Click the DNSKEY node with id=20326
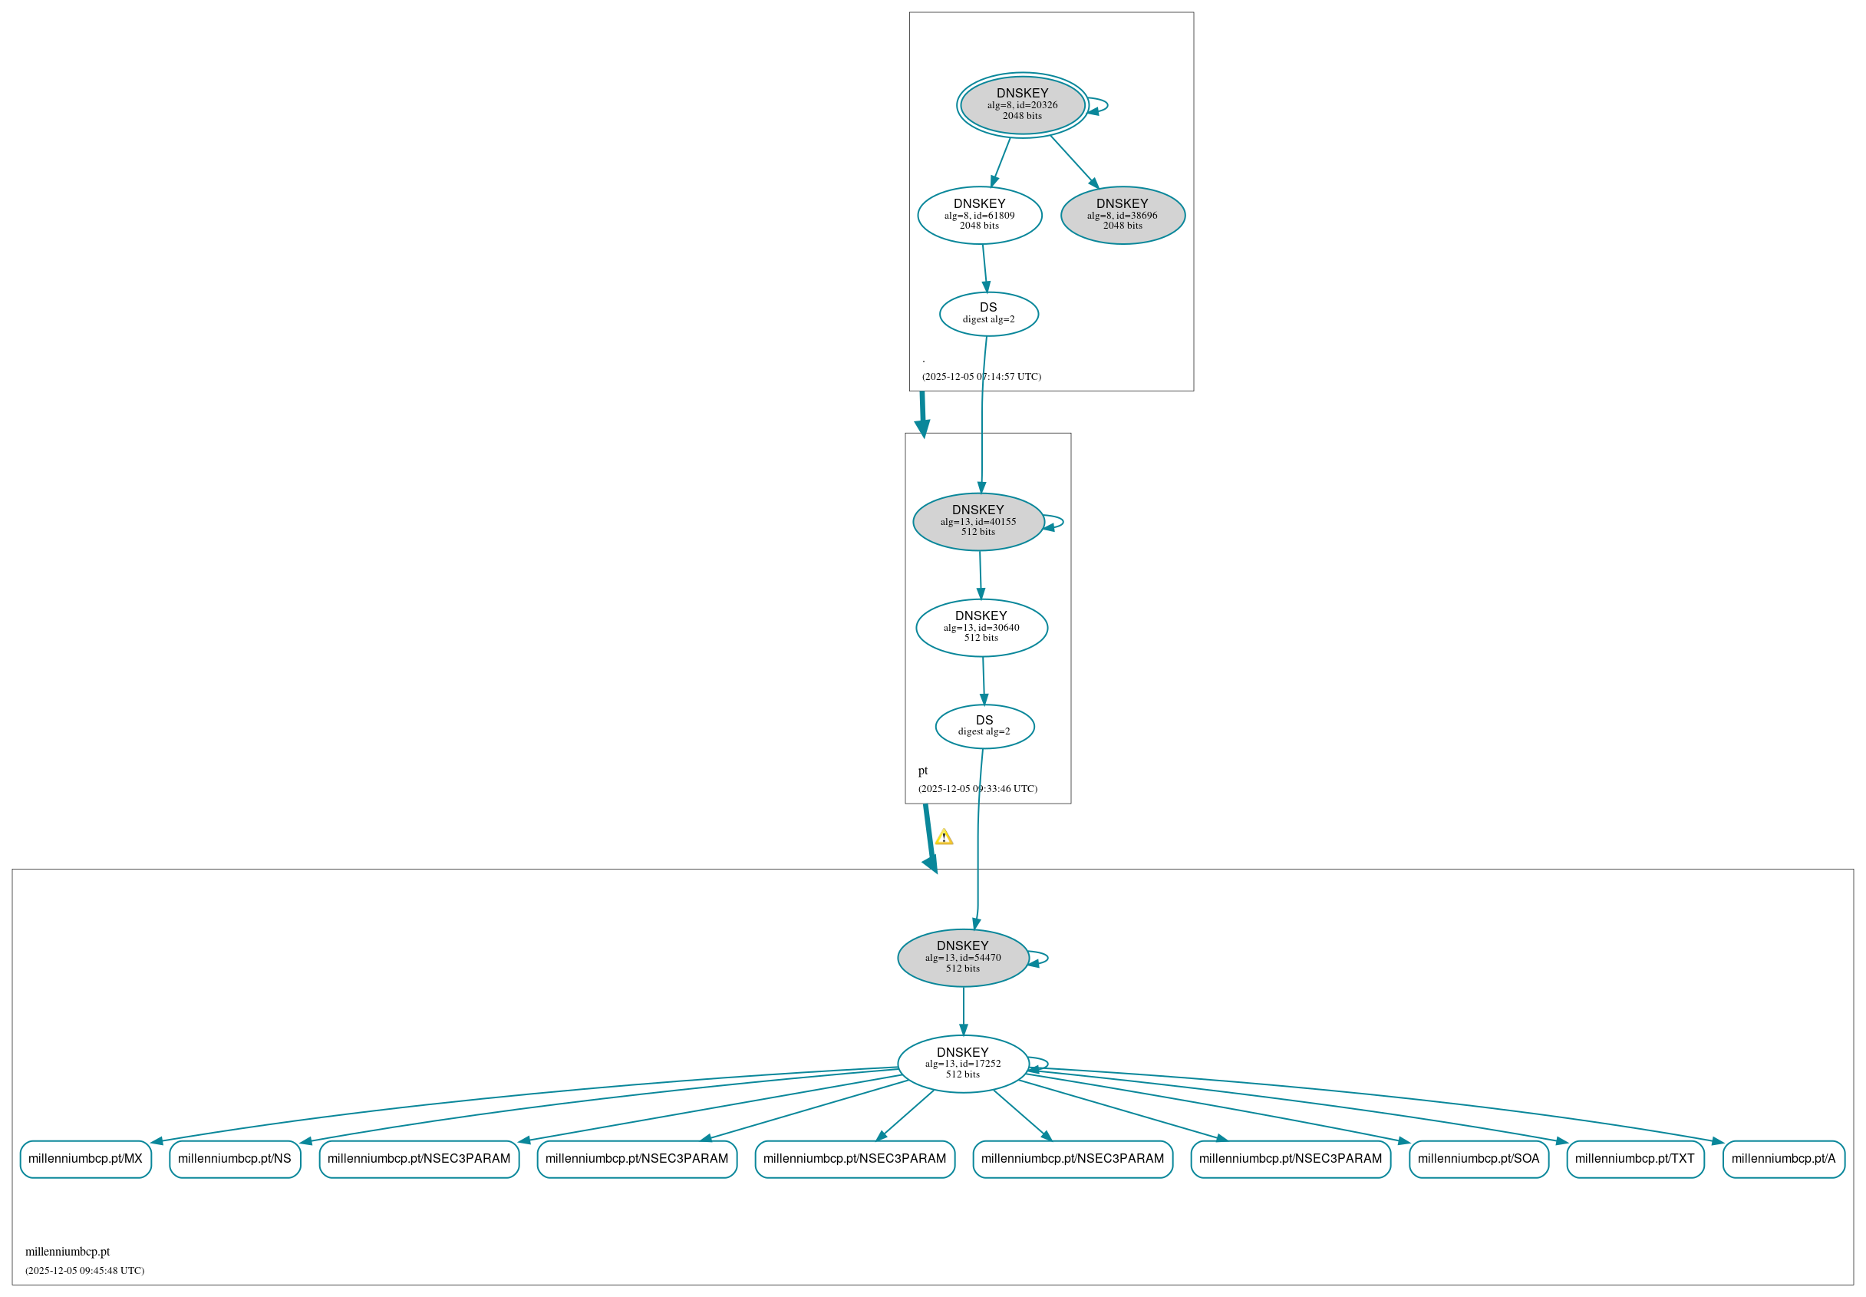click(1021, 105)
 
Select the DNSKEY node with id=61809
click(979, 216)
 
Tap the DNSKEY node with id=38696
click(1122, 216)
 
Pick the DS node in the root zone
click(987, 314)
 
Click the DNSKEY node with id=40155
click(978, 522)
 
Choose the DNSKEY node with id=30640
click(981, 627)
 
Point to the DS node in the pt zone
click(984, 726)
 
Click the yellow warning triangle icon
click(943, 837)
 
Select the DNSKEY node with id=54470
click(963, 957)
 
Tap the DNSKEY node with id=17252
click(963, 1064)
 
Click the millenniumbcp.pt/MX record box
click(85, 1159)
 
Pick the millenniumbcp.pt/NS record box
click(234, 1159)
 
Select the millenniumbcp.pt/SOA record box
click(1478, 1159)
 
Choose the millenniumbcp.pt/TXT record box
click(1634, 1159)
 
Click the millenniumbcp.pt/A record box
click(1783, 1159)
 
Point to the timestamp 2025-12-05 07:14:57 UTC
click(981, 377)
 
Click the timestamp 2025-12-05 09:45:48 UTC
click(84, 1270)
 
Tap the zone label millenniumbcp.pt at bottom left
click(68, 1252)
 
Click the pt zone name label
click(922, 771)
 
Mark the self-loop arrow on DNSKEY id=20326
click(1106, 106)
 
